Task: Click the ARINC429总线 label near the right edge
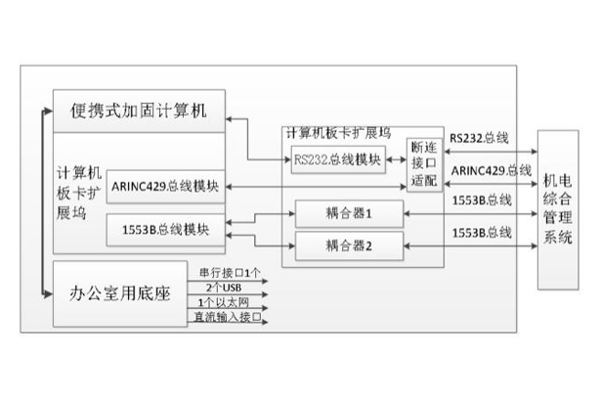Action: click(492, 171)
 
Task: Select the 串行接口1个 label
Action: click(229, 273)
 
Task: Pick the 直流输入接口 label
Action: click(228, 319)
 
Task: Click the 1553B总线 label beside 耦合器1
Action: click(483, 201)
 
